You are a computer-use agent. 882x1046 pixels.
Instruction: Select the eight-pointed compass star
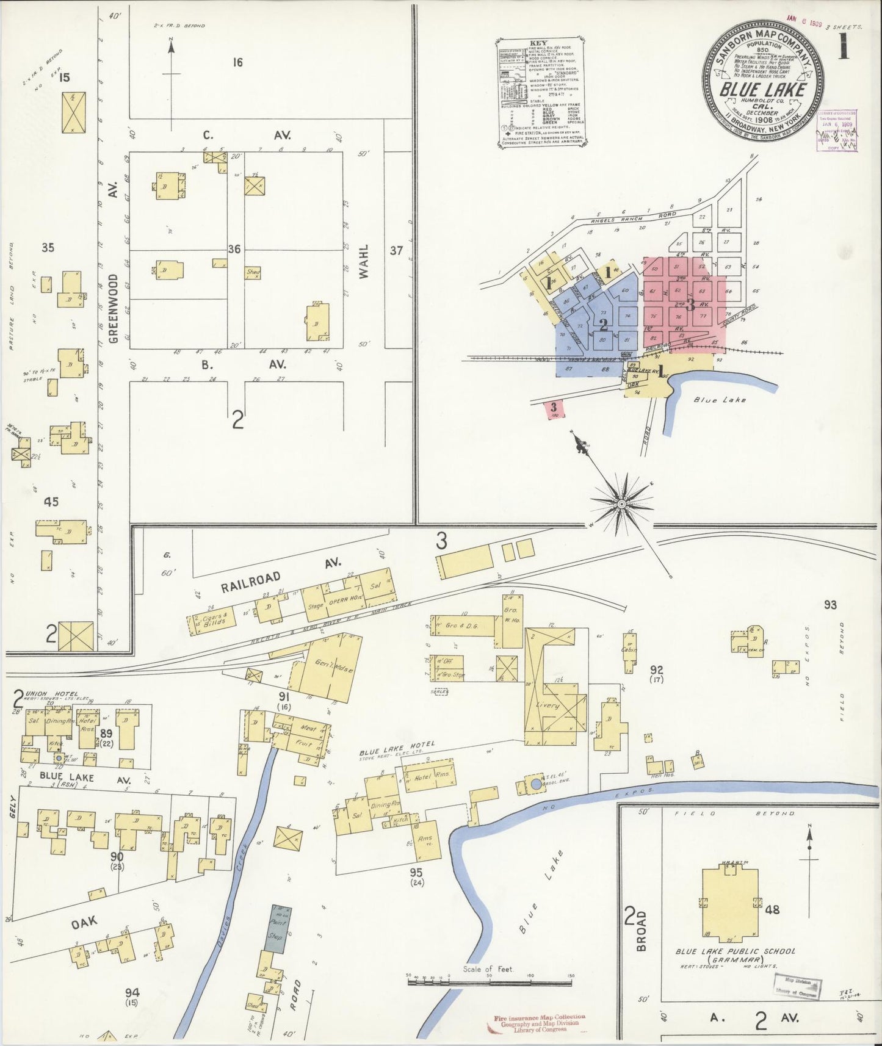(621, 503)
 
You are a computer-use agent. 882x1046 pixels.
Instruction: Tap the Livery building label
(548, 705)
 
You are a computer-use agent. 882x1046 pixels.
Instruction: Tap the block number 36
(234, 249)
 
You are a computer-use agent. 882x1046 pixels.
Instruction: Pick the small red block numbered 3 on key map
(554, 408)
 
